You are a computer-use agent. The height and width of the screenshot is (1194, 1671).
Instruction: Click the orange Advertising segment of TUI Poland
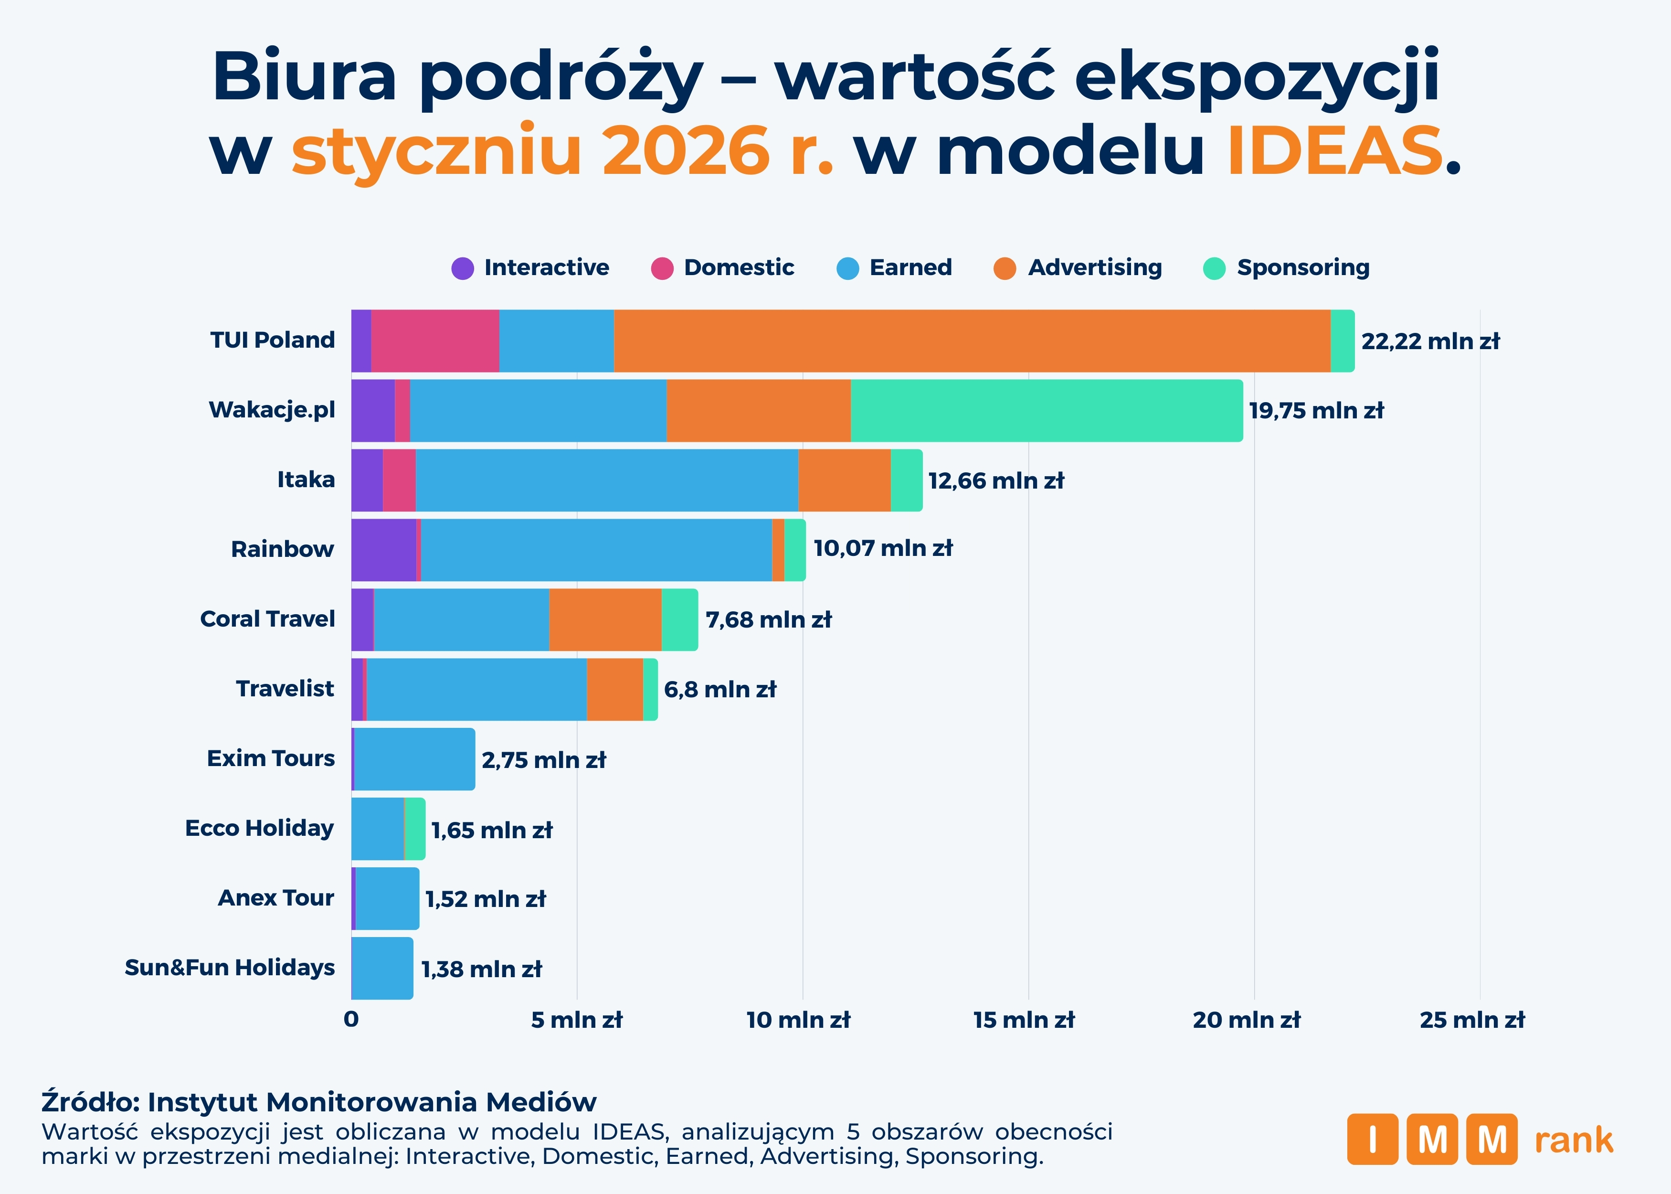972,341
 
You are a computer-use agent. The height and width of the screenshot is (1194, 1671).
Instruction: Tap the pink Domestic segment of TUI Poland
435,341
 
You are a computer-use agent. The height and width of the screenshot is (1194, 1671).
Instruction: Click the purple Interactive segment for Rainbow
383,550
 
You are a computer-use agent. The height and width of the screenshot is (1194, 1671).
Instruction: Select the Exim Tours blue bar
414,759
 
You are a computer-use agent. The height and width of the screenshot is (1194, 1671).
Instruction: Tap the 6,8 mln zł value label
719,690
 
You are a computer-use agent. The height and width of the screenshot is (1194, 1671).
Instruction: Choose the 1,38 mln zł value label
481,969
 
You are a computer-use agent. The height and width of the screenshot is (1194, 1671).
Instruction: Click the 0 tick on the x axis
351,1020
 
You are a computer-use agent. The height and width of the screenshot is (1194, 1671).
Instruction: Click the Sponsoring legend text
1303,267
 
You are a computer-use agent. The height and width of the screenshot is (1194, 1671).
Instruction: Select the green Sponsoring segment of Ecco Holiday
415,829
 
